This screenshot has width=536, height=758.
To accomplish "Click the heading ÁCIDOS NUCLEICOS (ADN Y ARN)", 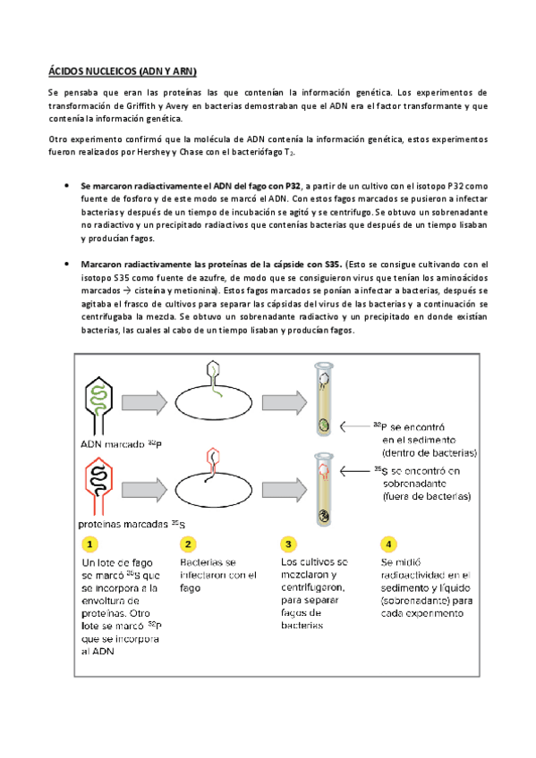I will [x=122, y=70].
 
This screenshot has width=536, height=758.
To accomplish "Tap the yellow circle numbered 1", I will [x=90, y=543].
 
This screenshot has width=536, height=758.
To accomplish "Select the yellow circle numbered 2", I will [x=188, y=543].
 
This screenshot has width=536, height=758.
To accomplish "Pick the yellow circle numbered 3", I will [x=287, y=543].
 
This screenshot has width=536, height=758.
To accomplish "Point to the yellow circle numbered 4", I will [x=387, y=543].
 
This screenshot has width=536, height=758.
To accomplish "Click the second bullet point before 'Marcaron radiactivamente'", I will [x=69, y=265].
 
